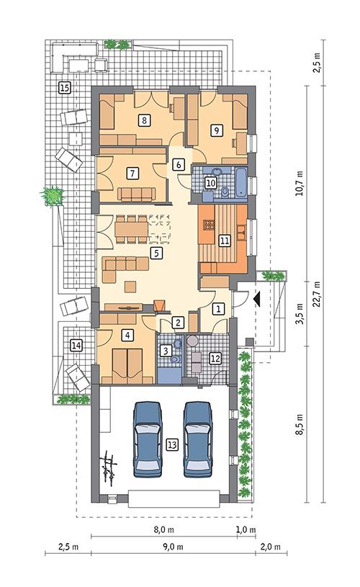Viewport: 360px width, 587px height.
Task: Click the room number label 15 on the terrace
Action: click(x=64, y=88)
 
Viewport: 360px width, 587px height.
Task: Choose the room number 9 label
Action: click(x=215, y=130)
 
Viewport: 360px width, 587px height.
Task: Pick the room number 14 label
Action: click(x=76, y=346)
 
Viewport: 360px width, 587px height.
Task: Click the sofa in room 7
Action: click(x=137, y=193)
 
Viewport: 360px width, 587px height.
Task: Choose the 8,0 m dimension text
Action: click(x=163, y=529)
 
